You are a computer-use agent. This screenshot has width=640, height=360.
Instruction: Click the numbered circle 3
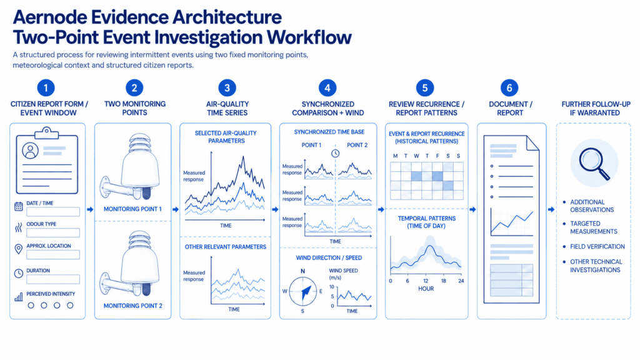227,87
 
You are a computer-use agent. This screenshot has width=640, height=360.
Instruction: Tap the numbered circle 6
509,87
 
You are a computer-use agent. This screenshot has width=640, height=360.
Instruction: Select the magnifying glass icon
595,164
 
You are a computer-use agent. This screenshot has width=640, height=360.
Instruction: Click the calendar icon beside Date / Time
18,206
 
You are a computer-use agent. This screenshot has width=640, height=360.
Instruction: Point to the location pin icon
18,249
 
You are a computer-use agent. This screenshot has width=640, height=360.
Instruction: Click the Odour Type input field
53,232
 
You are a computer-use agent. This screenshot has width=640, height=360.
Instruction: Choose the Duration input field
53,279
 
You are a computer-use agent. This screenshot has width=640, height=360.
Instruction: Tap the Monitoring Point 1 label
132,209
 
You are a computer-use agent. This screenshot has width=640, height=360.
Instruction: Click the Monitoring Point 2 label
132,306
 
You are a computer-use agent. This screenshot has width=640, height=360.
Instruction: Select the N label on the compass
303,271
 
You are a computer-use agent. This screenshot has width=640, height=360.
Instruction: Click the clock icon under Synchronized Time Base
335,154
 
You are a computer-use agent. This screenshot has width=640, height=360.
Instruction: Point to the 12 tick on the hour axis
426,281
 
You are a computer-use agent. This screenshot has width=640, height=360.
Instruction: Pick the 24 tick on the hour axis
461,281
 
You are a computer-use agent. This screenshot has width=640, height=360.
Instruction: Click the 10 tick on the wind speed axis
332,287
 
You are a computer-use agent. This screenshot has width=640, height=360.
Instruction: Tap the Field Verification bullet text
597,246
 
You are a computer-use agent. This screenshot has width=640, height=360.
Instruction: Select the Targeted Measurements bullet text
594,227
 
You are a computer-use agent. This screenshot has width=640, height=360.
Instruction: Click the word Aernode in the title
50,17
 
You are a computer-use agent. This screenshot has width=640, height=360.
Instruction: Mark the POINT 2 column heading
357,145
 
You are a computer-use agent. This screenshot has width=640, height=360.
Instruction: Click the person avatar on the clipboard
30,150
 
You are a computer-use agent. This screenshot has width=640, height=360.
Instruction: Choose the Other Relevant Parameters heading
225,247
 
